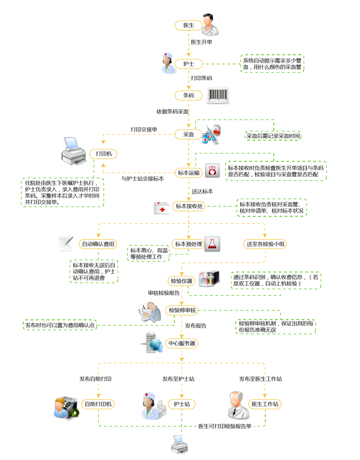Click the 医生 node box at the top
point(189,25)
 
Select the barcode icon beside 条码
point(218,95)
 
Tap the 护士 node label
point(189,63)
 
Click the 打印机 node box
point(104,154)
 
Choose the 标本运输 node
point(189,172)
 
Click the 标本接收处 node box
point(189,206)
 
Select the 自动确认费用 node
point(98,244)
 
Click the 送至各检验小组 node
point(265,244)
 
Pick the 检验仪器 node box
point(181,281)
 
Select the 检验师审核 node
point(182,310)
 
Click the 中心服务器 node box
point(181,344)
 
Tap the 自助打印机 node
point(98,404)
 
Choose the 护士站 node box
point(181,404)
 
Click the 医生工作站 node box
point(265,404)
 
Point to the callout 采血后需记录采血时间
point(273,136)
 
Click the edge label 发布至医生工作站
point(261,379)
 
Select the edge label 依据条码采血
point(172,111)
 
